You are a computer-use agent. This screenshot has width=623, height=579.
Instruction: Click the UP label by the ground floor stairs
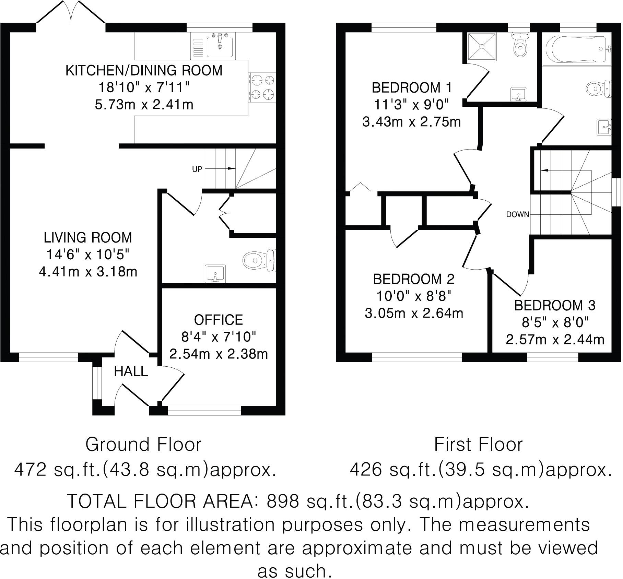point(197,169)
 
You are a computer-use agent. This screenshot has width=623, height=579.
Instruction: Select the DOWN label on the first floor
point(518,214)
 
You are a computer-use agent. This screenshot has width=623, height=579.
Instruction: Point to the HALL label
point(131,371)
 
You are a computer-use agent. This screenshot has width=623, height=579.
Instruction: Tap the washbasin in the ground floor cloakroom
point(215,274)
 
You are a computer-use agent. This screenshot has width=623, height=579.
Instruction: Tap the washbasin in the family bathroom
point(604,128)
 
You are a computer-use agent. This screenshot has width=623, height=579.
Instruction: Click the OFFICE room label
point(219,320)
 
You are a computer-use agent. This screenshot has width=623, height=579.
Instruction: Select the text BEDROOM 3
point(555,305)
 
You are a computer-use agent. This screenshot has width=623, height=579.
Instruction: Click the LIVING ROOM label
point(88,237)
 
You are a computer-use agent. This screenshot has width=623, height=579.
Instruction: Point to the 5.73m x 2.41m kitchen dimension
point(144,104)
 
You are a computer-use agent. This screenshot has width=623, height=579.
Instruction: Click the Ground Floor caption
point(143,445)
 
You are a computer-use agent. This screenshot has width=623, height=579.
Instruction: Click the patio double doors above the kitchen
point(71,14)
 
